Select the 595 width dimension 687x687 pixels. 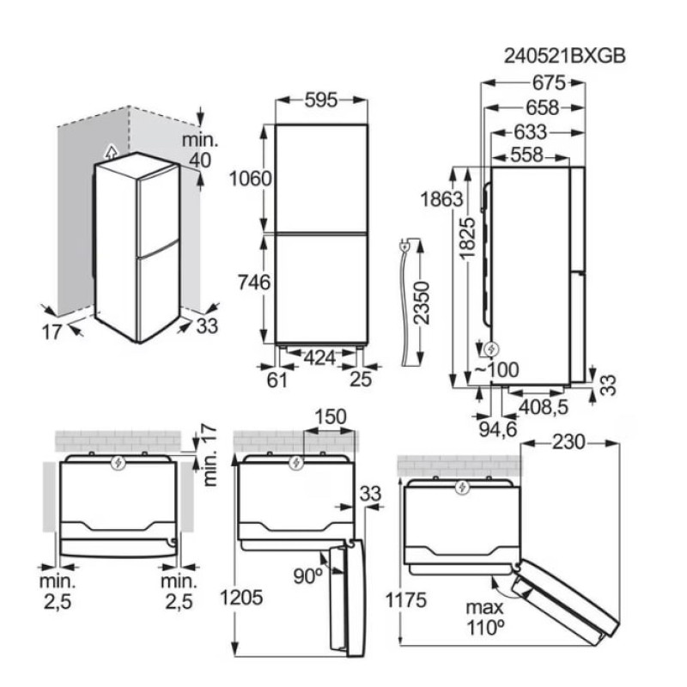click(321, 100)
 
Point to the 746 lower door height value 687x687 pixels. click(255, 281)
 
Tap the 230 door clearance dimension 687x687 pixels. click(570, 442)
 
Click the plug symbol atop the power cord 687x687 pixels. click(404, 248)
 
